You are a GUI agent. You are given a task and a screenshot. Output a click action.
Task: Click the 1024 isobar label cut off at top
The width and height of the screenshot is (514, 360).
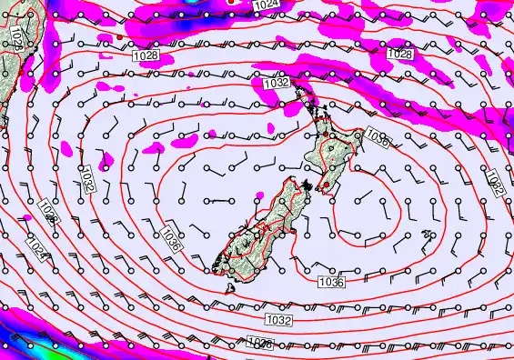click(266, 5)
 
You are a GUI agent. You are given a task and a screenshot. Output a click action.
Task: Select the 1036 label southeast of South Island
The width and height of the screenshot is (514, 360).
click(331, 283)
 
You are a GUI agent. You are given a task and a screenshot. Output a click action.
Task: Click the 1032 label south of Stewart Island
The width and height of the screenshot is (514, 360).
click(278, 320)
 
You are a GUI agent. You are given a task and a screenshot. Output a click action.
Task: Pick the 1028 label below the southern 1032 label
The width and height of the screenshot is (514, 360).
click(260, 343)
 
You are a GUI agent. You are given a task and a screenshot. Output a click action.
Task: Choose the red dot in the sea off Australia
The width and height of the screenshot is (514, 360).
click(119, 35)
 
